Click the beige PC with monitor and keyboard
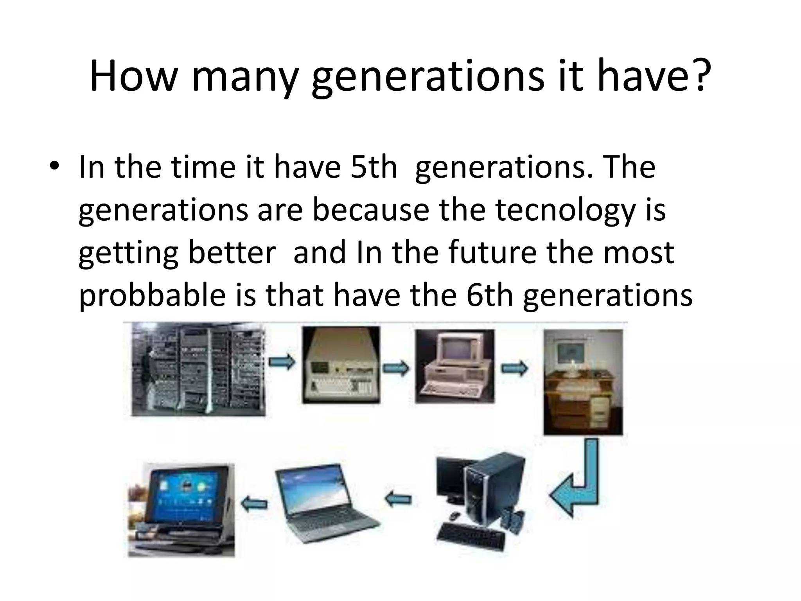pyautogui.click(x=454, y=366)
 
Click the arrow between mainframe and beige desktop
pyautogui.click(x=282, y=362)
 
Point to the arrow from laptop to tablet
pyautogui.click(x=255, y=504)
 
